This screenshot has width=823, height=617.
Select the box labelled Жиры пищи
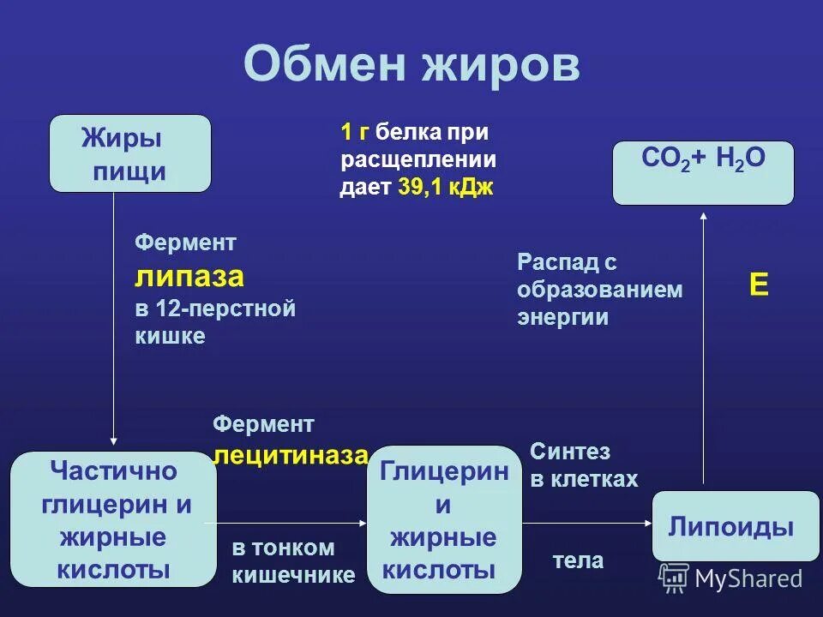coord(130,153)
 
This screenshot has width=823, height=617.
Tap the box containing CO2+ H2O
coord(703,172)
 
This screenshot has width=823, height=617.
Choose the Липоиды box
coord(735,526)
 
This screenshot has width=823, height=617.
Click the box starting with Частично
coord(113,520)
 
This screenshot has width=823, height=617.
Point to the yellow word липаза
coord(189,277)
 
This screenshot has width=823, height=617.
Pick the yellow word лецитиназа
coord(291,454)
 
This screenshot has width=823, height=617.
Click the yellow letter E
coord(759,285)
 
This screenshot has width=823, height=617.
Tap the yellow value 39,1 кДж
coord(446,188)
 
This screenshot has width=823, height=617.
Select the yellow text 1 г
coord(355,132)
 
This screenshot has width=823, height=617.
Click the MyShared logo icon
coord(674,578)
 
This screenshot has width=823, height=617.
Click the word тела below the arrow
coord(578,561)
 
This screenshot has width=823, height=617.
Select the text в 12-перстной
coord(215,308)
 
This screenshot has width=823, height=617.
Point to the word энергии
coord(562,317)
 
